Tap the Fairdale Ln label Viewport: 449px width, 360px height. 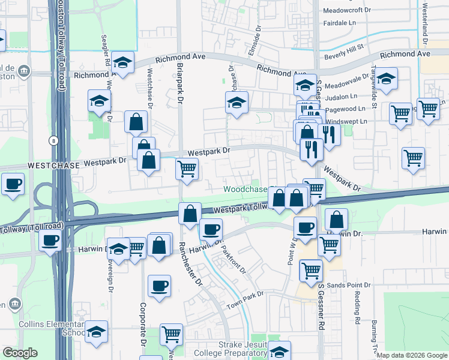345,23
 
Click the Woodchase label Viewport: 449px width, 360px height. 245,189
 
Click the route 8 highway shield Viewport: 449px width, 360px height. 53,140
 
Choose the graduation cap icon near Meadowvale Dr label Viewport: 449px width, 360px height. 387,79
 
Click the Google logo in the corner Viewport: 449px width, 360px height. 20,353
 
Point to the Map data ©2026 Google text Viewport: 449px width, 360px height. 411,355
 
